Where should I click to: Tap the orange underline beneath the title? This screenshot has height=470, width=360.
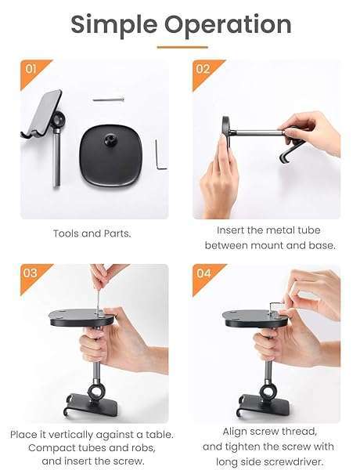click(x=182, y=47)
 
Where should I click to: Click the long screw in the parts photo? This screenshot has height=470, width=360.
click(x=108, y=99)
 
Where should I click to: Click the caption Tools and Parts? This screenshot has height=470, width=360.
click(x=92, y=233)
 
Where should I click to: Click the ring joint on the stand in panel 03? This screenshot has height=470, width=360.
click(x=96, y=391)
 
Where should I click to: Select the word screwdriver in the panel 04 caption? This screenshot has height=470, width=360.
click(x=291, y=461)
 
